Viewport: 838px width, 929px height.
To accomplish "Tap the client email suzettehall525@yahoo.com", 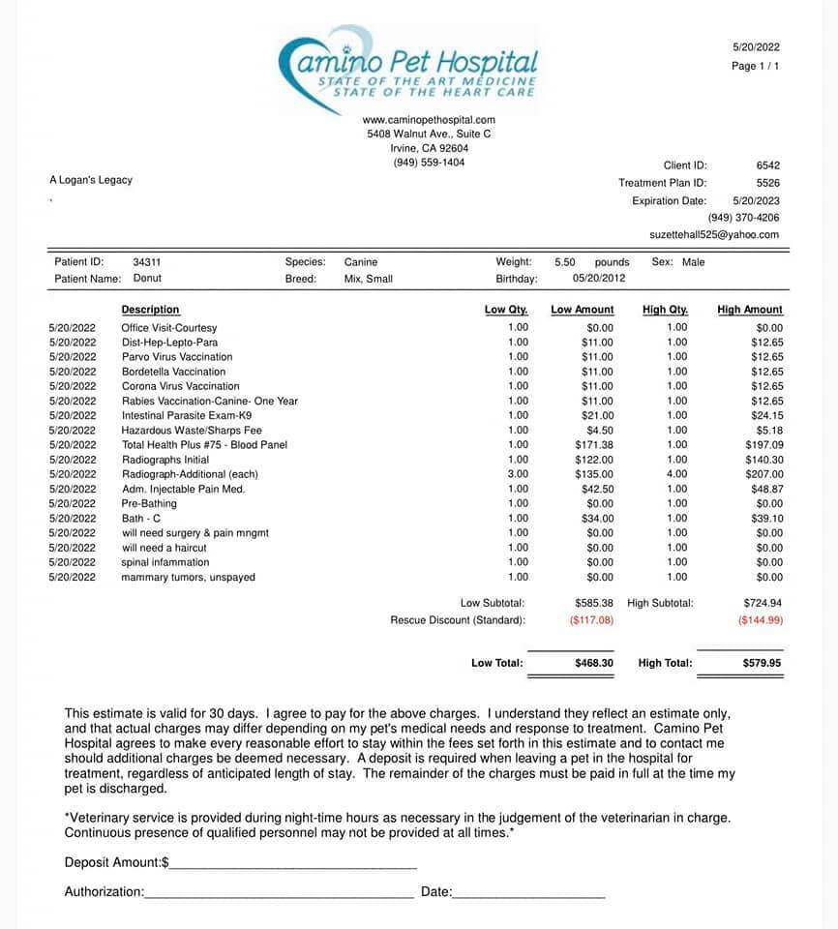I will pos(714,235).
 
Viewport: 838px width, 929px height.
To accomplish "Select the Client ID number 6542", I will pos(768,165).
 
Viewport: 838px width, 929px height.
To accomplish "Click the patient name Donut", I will pos(147,279).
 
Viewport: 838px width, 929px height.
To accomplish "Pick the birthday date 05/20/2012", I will pos(599,279).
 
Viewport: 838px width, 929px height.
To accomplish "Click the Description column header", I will pos(150,310).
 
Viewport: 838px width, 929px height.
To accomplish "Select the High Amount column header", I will pos(750,310).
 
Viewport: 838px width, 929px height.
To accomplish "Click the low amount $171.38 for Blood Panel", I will pos(592,445).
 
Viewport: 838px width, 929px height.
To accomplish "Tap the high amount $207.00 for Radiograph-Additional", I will pos(763,474).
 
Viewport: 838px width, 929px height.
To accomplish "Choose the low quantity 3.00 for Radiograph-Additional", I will pos(518,474).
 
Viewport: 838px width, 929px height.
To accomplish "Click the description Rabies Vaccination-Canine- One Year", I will pos(209,401).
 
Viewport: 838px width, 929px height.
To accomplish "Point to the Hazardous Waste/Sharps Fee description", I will pos(192,430).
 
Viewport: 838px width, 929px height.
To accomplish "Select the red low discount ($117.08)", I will pos(591,619).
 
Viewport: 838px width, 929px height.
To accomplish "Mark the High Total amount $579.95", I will pos(762,663).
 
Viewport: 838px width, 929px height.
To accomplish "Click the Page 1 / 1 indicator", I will pos(756,66).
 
